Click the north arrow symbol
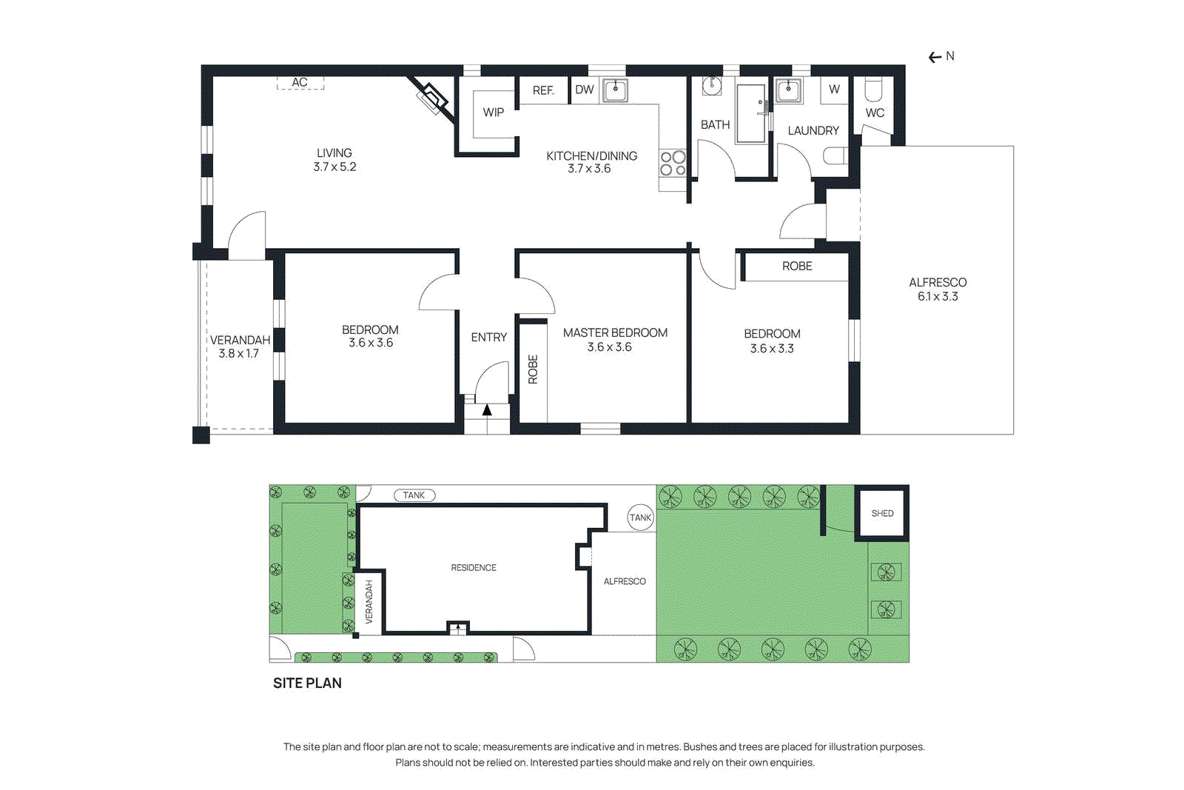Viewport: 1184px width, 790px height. click(x=936, y=57)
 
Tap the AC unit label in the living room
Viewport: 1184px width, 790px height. click(x=300, y=82)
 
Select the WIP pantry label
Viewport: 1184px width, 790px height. click(x=493, y=113)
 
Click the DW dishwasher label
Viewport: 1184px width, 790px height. click(x=585, y=90)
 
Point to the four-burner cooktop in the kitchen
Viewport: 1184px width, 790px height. click(x=673, y=164)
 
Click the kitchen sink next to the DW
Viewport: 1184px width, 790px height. click(x=615, y=90)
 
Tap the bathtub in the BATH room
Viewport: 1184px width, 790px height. click(x=750, y=113)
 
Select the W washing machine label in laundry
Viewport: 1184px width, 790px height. click(x=834, y=90)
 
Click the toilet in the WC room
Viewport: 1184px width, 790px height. click(x=874, y=90)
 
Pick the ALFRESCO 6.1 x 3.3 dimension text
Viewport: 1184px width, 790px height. click(x=938, y=296)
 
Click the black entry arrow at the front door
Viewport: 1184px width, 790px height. click(x=487, y=409)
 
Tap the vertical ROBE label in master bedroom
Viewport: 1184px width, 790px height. click(x=533, y=369)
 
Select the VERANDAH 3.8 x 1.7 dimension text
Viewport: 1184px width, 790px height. click(x=238, y=354)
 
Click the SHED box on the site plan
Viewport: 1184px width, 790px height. click(x=881, y=513)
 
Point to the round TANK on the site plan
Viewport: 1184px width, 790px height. click(x=641, y=518)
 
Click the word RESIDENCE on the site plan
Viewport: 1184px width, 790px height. click(x=474, y=568)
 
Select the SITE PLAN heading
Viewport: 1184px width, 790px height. click(x=307, y=683)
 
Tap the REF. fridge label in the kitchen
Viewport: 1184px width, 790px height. click(x=543, y=90)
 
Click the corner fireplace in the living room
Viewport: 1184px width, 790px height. click(x=434, y=98)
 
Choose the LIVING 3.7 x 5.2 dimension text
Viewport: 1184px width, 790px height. click(x=334, y=167)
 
